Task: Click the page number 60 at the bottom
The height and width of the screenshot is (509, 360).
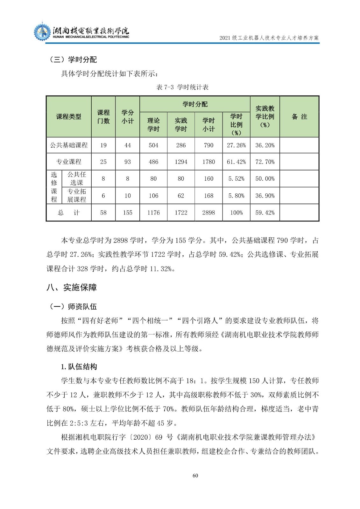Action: coord(195,475)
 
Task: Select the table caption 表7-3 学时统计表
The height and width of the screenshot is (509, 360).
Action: coord(182,87)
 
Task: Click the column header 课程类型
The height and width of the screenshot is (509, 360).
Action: coord(69,117)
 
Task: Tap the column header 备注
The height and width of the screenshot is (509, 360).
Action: coord(299,117)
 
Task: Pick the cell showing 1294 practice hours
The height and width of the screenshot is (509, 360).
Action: coord(181,162)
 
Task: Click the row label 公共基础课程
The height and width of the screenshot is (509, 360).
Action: coord(69,145)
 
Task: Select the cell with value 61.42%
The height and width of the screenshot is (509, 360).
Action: coord(236,162)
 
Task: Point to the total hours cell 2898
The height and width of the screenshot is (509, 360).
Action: coord(208,213)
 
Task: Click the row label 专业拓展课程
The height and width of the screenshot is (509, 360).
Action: coord(76,195)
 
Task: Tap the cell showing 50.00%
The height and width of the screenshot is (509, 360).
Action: coord(265,178)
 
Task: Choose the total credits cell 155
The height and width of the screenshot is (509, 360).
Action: coord(128,213)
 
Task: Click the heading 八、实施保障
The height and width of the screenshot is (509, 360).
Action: coord(72,287)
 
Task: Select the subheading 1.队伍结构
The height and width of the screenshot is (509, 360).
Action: coord(79,366)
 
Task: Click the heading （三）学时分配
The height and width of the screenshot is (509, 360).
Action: coord(73,59)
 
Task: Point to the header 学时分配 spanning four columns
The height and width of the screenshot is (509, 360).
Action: coord(195,104)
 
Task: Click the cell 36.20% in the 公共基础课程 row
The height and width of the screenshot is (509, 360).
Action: coord(265,145)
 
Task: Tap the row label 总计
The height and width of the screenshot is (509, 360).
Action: coord(69,213)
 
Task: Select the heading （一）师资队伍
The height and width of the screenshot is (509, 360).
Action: coord(73,306)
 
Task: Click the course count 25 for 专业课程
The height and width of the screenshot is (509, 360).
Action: coord(103,162)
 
